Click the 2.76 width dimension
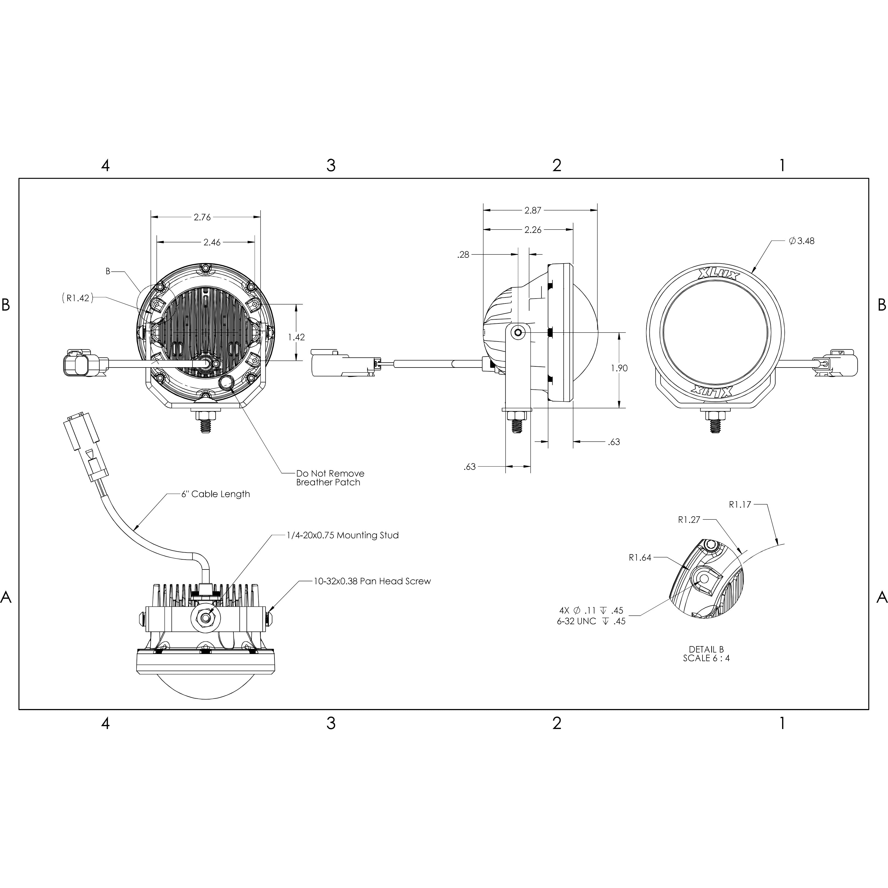coord(202,217)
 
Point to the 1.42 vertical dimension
coord(296,337)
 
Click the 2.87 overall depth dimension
coord(533,210)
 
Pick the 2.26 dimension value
coord(533,230)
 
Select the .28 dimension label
coord(463,255)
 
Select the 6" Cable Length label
coord(216,494)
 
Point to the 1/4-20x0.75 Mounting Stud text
coord(342,535)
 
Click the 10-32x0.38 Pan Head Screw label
coord(372,581)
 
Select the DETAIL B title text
coord(706,649)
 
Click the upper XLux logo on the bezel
coord(718,275)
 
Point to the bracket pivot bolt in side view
coord(519,332)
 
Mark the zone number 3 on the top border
coord(331,166)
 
